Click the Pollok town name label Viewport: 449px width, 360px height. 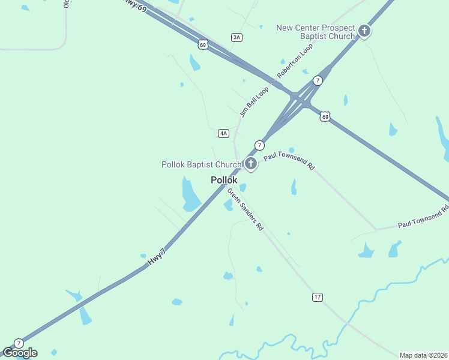click(224, 180)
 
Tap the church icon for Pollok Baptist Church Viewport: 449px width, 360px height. click(251, 163)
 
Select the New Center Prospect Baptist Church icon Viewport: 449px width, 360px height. click(364, 31)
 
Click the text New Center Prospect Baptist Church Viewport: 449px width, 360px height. click(316, 32)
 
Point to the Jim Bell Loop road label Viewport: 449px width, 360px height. click(254, 102)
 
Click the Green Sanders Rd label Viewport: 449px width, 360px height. click(245, 210)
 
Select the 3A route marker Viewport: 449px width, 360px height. click(237, 37)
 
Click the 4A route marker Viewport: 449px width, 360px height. click(223, 133)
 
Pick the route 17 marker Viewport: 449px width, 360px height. click(318, 297)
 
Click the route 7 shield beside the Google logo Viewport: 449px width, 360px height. click(19, 343)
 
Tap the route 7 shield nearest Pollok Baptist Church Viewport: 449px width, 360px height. click(259, 145)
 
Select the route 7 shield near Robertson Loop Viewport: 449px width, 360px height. click(318, 80)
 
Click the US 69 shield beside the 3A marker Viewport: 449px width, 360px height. click(203, 44)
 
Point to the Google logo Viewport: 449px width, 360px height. click(20, 353)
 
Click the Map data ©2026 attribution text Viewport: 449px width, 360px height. click(423, 355)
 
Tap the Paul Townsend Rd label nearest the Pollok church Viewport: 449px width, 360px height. click(289, 160)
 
